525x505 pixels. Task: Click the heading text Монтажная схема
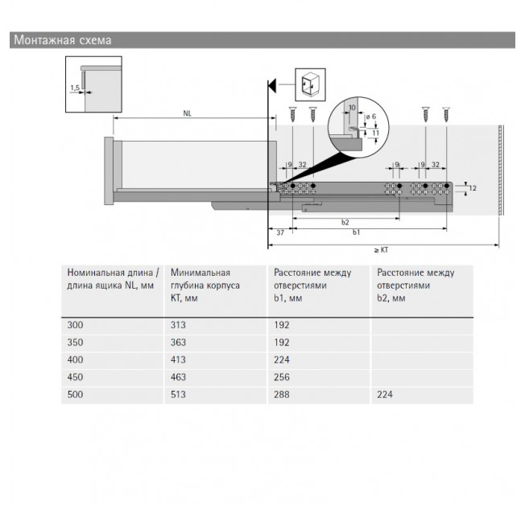pos(63,40)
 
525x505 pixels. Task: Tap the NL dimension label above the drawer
pos(187,113)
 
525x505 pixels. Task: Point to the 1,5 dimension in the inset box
pos(75,88)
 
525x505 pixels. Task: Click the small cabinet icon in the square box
pos(310,84)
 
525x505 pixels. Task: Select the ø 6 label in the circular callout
pos(371,117)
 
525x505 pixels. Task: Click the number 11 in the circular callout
pos(376,133)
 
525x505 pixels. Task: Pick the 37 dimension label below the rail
pos(280,232)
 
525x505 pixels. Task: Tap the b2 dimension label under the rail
pos(345,223)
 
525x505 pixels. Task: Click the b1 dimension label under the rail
pos(356,232)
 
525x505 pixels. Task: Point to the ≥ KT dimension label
pos(381,250)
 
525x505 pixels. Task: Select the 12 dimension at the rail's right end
pos(473,188)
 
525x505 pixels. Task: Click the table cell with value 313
pos(178,325)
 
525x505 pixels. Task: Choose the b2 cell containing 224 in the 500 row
pos(385,395)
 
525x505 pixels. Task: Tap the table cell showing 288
pos(282,395)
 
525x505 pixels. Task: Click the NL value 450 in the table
pos(75,377)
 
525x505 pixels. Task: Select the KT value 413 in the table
pos(178,360)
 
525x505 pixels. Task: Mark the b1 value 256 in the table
pos(282,377)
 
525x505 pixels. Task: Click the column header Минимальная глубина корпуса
pos(205,279)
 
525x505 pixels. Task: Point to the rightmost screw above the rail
pos(446,114)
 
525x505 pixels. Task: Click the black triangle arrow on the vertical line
pos(272,85)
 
